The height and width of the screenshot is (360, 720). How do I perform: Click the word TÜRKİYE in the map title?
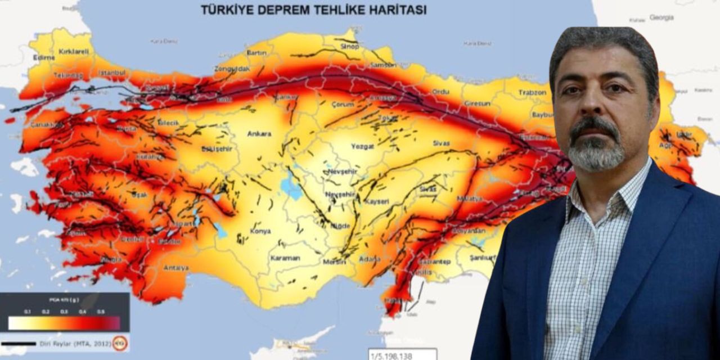point(224,10)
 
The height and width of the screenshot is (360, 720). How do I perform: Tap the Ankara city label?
point(259,134)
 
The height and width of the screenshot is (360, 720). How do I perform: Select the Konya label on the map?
point(260,231)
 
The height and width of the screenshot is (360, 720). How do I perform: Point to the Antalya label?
point(176,268)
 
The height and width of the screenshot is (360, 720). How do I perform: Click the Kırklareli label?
point(74,52)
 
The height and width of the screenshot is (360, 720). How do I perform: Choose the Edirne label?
point(44,57)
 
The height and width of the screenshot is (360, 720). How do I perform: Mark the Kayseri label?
point(377,201)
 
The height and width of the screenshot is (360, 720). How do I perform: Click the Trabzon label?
point(532,92)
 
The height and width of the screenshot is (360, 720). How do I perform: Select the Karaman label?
point(285,258)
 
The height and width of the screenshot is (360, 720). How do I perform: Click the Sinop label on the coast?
point(349,47)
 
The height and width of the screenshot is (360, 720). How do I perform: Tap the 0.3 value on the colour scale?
point(64,312)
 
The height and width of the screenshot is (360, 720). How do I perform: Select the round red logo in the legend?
point(119,343)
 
